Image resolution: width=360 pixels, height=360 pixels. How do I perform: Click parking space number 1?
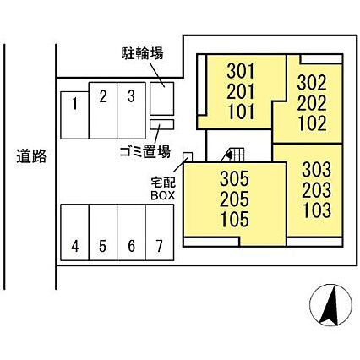[74, 115]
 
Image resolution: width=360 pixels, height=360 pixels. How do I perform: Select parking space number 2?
[103, 111]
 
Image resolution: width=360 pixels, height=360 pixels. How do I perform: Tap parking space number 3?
[131, 111]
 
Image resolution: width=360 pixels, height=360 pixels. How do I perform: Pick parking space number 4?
[75, 232]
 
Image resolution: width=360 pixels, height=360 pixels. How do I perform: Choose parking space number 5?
[103, 232]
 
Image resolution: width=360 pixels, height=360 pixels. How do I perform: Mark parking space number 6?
[131, 232]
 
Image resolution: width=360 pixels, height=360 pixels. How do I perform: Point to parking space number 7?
[160, 232]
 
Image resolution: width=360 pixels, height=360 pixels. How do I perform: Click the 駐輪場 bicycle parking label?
[142, 53]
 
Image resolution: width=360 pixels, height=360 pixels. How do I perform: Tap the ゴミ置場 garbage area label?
[145, 152]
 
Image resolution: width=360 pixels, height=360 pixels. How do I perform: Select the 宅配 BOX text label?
[163, 188]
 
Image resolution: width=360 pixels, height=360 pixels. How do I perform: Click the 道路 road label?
[31, 155]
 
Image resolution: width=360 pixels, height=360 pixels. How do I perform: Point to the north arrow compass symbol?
[330, 305]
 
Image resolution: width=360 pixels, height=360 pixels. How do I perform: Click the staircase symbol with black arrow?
[234, 155]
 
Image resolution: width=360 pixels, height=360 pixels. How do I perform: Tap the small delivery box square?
[188, 157]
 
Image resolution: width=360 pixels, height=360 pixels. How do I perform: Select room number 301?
[241, 71]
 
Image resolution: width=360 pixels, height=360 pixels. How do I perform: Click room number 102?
[313, 123]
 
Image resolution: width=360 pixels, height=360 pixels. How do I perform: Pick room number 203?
[316, 190]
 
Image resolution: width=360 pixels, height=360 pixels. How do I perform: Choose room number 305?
[234, 178]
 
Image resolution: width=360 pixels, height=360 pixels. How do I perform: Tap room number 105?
[235, 220]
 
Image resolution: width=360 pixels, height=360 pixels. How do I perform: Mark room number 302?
[312, 83]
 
